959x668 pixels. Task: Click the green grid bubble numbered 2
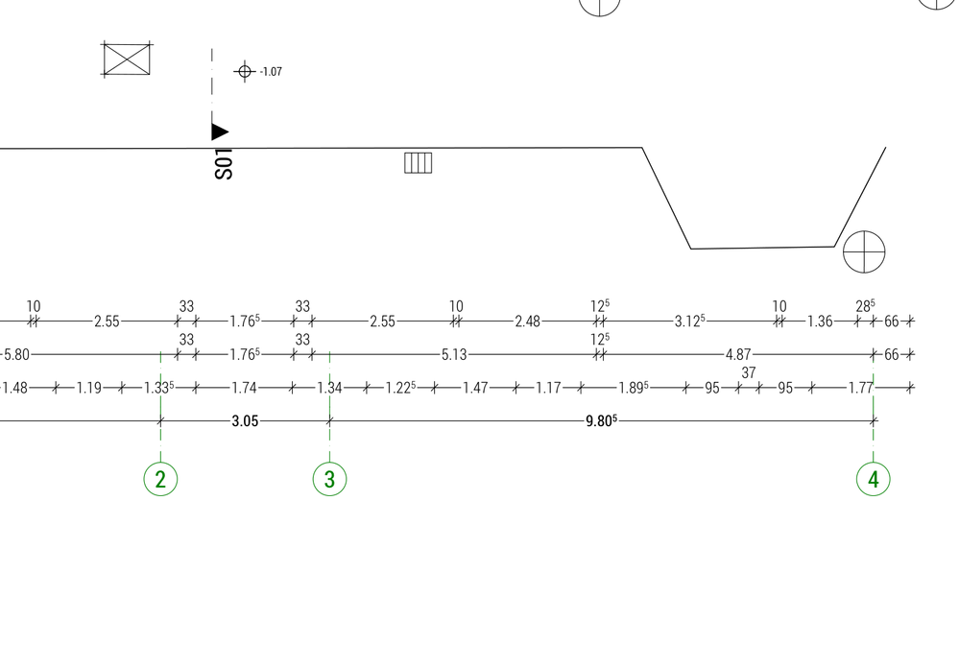click(160, 479)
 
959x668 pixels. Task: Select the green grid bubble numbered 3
click(329, 479)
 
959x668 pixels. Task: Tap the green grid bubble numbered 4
click(873, 479)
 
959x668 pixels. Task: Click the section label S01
click(224, 164)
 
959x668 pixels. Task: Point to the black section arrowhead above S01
click(220, 131)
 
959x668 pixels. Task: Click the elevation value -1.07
click(271, 72)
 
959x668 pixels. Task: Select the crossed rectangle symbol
click(128, 60)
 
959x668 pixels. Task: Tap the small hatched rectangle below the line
click(419, 163)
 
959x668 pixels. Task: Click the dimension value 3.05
click(245, 421)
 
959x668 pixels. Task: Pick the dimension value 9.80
click(600, 421)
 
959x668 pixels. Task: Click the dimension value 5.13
click(454, 355)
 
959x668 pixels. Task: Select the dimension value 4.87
click(738, 355)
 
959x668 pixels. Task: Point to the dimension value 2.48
click(527, 322)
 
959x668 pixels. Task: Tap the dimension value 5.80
click(16, 355)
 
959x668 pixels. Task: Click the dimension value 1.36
click(821, 322)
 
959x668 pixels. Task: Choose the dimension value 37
click(749, 372)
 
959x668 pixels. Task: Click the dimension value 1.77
click(861, 389)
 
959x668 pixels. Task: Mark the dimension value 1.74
click(245, 389)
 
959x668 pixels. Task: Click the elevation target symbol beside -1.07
click(244, 71)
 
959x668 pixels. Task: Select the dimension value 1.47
click(476, 389)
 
